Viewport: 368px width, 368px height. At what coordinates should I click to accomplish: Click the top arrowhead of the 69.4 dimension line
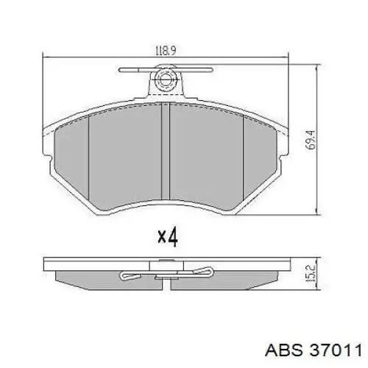(316, 68)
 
